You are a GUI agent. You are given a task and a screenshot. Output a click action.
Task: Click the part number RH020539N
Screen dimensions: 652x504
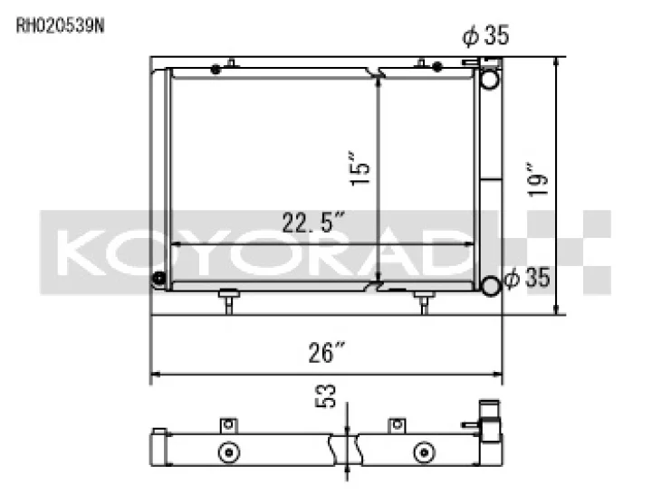pyautogui.click(x=61, y=25)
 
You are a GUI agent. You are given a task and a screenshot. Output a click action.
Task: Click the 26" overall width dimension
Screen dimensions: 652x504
pyautogui.click(x=327, y=352)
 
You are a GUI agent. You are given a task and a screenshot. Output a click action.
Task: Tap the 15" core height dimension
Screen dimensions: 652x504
pyautogui.click(x=360, y=169)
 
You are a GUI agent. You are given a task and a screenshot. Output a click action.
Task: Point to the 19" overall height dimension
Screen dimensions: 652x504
pyautogui.click(x=538, y=179)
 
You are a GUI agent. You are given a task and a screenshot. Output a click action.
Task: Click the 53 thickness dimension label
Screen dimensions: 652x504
pyautogui.click(x=327, y=396)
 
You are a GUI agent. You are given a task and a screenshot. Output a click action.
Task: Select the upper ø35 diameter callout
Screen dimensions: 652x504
pyautogui.click(x=485, y=35)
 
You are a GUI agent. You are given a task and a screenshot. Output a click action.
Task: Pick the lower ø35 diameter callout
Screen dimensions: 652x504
pyautogui.click(x=527, y=277)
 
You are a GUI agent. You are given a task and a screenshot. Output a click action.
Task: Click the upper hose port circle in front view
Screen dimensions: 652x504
pyautogui.click(x=490, y=79)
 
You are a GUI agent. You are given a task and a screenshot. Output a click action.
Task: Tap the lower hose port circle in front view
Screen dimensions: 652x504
pyautogui.click(x=490, y=286)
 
